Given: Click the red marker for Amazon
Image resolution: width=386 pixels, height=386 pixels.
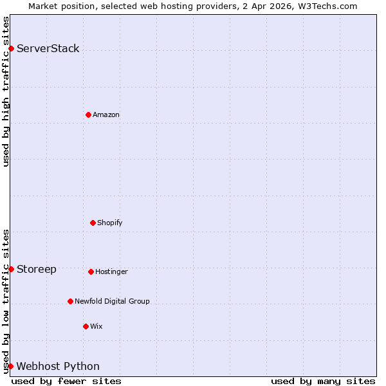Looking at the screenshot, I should point(88,115).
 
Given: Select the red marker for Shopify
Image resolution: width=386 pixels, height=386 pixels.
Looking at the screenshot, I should point(93,223).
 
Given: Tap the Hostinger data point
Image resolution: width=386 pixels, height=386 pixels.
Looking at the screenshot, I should point(91,271).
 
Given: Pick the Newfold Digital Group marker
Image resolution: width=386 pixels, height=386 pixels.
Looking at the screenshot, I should point(70,301).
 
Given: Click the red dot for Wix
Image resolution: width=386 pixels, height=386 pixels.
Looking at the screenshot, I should point(86,326).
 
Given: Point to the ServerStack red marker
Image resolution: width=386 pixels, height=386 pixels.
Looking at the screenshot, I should point(11,48).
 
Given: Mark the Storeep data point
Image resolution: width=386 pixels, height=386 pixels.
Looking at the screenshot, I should point(11,269).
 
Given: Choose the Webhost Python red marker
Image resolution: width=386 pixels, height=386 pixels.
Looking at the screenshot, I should point(11,366).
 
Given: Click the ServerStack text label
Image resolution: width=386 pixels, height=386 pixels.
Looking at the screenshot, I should point(48,49).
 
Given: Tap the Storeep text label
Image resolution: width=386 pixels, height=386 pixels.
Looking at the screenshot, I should point(37,269).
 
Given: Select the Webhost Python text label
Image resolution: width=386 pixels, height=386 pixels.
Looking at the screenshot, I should point(58,367).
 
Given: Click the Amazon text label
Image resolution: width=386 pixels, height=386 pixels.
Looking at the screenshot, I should point(106,115).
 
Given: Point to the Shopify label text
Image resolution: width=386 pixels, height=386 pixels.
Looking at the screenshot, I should point(110,223).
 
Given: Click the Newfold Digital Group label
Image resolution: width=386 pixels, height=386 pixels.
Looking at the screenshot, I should point(112,301).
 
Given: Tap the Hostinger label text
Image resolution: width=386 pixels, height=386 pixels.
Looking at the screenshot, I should point(112,271).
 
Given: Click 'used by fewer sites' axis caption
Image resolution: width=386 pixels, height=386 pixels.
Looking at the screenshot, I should point(66,381).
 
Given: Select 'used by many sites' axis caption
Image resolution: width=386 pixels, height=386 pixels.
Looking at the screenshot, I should point(323,381).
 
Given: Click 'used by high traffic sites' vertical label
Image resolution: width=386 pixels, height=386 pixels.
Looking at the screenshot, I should point(6,91).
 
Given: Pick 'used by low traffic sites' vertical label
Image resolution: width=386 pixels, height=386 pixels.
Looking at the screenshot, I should point(6,301).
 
